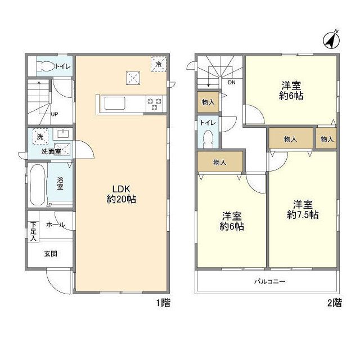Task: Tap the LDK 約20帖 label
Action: pyautogui.click(x=121, y=194)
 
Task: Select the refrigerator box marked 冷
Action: pyautogui.click(x=159, y=64)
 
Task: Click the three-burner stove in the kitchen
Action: pyautogui.click(x=154, y=103)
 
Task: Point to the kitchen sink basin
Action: pyautogui.click(x=115, y=103)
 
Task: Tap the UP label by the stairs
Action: pyautogui.click(x=55, y=114)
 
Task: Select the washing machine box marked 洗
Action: pyautogui.click(x=40, y=137)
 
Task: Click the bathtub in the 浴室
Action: pyautogui.click(x=37, y=184)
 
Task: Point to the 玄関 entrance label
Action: pyautogui.click(x=51, y=254)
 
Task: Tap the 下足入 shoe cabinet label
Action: pyautogui.click(x=34, y=231)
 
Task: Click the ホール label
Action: pyautogui.click(x=56, y=225)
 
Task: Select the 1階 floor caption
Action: pyautogui.click(x=164, y=303)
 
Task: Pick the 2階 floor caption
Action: pyautogui.click(x=335, y=303)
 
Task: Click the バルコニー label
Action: pyautogui.click(x=270, y=281)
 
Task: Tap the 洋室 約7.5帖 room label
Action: pyautogui.click(x=303, y=209)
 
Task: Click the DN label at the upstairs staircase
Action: pyautogui.click(x=232, y=83)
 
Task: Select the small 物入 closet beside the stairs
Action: pyautogui.click(x=208, y=102)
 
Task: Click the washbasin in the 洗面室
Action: pyautogui.click(x=62, y=134)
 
